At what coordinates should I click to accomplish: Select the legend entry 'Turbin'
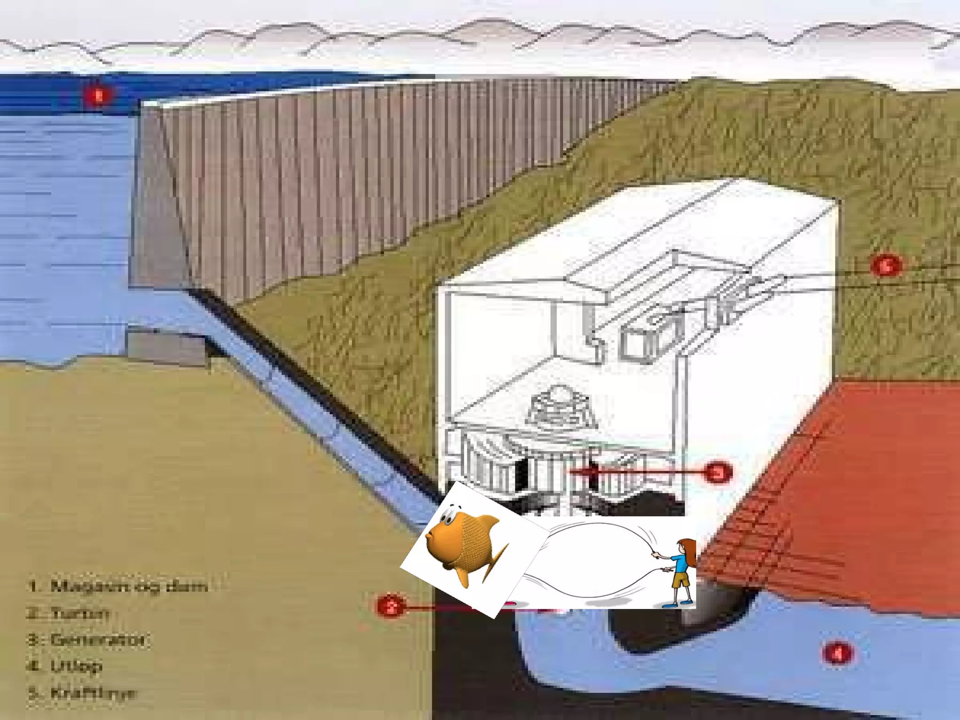click(x=80, y=613)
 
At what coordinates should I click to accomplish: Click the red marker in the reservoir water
click(x=98, y=96)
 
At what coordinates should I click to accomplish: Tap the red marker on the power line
click(x=885, y=266)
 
